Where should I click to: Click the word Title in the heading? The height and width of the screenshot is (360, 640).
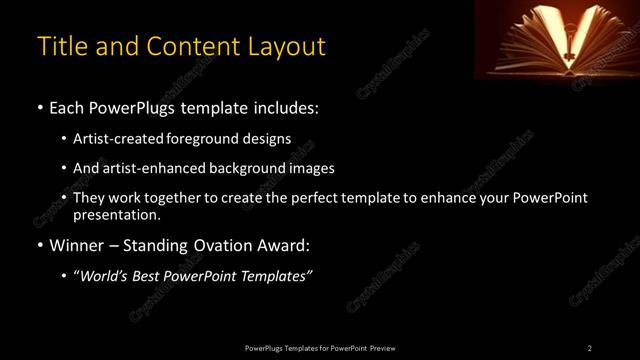point(58,46)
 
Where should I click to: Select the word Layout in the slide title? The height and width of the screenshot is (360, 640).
point(289,46)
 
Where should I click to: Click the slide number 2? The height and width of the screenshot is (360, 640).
point(589,348)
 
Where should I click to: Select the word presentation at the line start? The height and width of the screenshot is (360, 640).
point(116,214)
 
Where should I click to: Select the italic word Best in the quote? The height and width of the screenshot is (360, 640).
point(151,277)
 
